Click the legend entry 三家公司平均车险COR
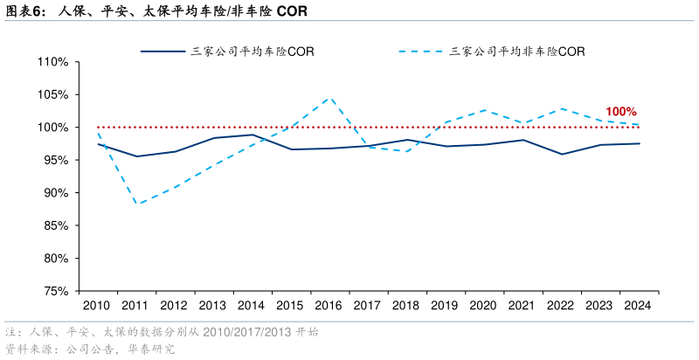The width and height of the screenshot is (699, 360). (x=253, y=52)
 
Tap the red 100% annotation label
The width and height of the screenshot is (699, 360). (x=620, y=112)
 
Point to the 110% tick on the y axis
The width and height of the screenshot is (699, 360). (x=53, y=62)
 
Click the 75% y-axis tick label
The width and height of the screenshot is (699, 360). (x=55, y=291)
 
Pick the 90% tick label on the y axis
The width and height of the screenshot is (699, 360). (x=55, y=193)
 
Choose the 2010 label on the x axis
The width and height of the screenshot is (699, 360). (x=97, y=306)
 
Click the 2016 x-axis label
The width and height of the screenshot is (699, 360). (x=329, y=306)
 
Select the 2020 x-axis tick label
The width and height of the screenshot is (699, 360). (x=484, y=306)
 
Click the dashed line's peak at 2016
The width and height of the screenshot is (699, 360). (x=329, y=97)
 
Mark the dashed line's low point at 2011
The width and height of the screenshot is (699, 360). (x=135, y=204)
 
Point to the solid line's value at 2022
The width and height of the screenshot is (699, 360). (x=561, y=154)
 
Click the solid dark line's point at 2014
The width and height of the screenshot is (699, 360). (x=252, y=135)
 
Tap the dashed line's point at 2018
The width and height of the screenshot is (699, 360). (x=406, y=151)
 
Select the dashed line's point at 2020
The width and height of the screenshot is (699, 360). (x=484, y=110)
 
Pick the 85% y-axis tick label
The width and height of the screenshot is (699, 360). (x=55, y=225)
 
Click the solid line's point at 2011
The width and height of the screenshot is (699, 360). (x=135, y=156)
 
